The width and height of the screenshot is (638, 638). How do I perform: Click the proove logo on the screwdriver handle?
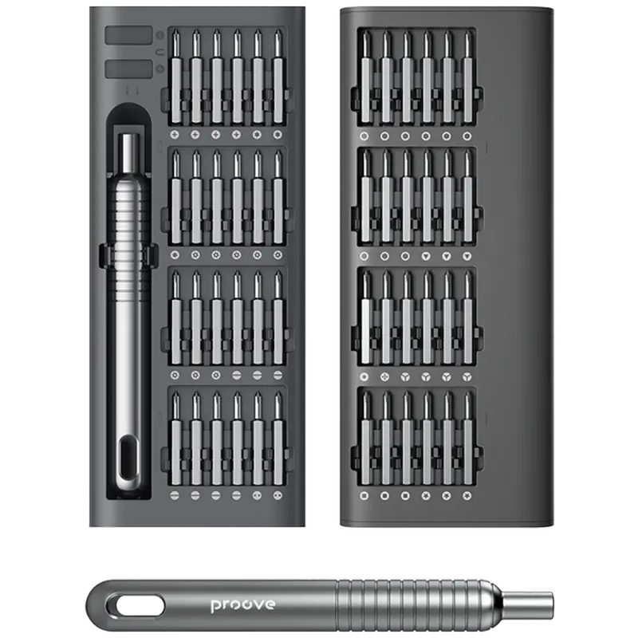(243, 605)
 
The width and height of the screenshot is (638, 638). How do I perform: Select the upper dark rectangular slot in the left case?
(128, 35)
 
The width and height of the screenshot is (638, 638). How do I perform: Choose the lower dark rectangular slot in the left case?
(128, 69)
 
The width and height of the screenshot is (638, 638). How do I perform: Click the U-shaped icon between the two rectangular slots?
(160, 53)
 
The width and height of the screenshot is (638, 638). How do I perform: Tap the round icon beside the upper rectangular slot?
(160, 35)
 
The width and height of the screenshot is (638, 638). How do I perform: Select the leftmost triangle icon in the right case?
(426, 256)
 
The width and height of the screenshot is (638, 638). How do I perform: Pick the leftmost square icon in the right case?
(364, 496)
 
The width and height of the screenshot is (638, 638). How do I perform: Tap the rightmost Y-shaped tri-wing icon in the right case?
(467, 377)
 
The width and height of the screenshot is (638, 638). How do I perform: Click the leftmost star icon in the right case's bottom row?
(426, 496)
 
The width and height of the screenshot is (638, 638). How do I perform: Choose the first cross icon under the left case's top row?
(175, 134)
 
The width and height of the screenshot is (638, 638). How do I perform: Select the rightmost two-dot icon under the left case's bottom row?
(278, 495)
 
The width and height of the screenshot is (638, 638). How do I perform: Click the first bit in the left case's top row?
(175, 77)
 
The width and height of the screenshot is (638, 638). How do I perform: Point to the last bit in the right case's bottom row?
(467, 439)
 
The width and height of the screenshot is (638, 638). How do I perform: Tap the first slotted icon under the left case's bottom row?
(175, 495)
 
